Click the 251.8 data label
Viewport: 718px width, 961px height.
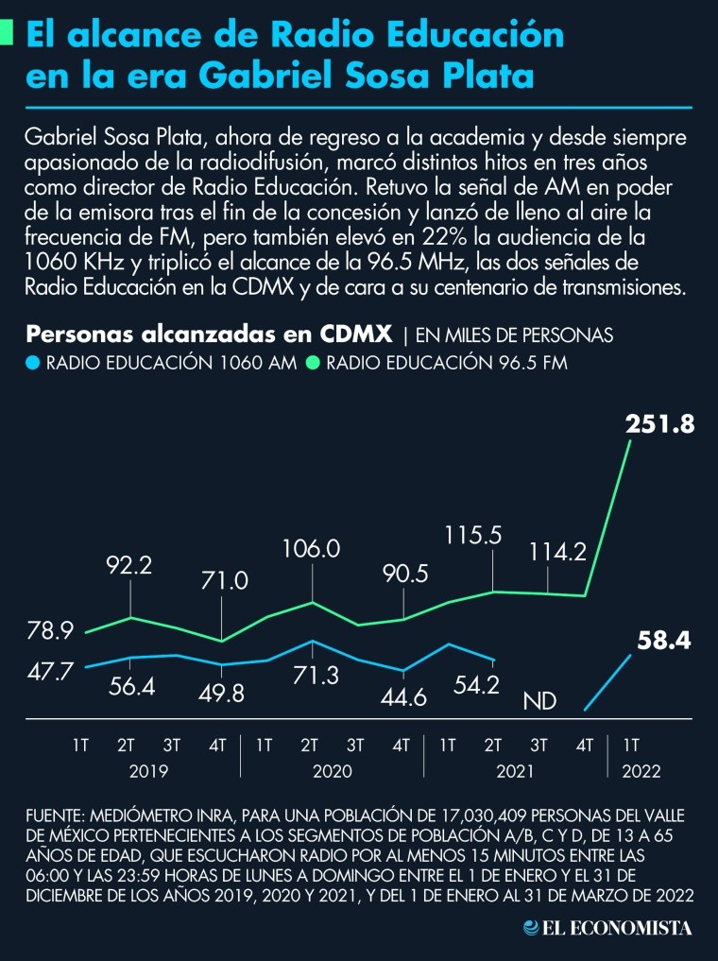660,425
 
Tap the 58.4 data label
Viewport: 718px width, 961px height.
664,642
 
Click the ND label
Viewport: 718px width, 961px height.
539,701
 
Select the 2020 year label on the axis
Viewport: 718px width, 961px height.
333,770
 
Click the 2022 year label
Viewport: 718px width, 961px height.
642,770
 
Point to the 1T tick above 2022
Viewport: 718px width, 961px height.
632,745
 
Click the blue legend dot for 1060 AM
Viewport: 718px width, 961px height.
33,362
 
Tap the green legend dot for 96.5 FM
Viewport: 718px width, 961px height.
313,362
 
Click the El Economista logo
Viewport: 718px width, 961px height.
608,929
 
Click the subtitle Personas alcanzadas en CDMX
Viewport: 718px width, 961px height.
210,335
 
